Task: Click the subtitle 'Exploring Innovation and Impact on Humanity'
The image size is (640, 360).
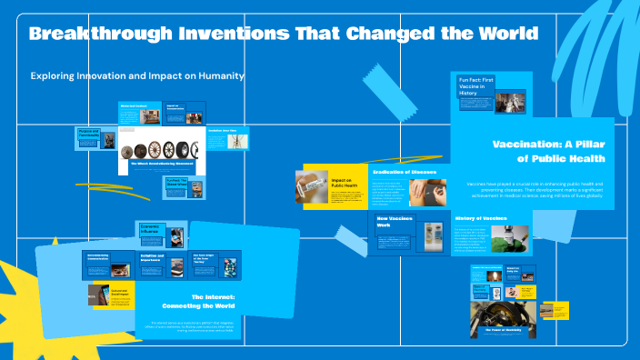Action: [137, 76]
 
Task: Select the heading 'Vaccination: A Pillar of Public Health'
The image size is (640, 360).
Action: [548, 151]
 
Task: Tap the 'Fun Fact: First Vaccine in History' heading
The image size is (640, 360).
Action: [475, 88]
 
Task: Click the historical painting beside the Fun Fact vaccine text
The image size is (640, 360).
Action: [510, 100]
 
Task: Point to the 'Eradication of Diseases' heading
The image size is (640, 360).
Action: [405, 171]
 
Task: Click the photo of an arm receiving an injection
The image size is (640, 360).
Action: [425, 192]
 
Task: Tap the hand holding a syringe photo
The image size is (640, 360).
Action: [312, 187]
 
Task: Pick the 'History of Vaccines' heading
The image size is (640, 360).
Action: [481, 218]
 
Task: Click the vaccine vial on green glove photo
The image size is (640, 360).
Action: [510, 238]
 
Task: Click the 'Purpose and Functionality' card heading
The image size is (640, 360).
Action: [88, 134]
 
